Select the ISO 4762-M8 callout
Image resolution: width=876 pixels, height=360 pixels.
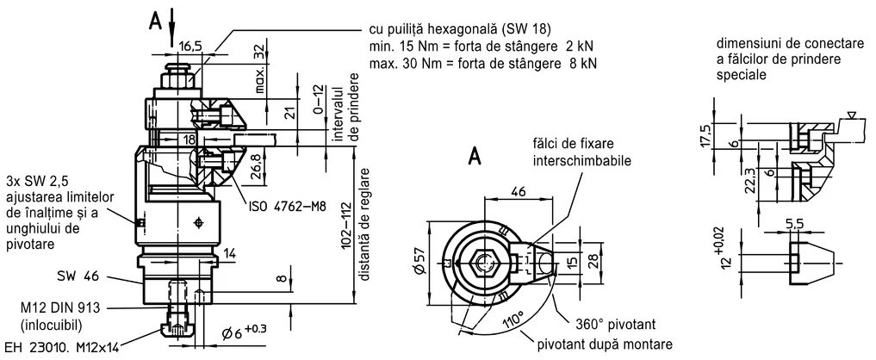pos(287,206)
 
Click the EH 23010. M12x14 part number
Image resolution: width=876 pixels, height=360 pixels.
pos(61,348)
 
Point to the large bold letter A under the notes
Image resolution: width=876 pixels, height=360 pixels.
pos(474,157)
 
